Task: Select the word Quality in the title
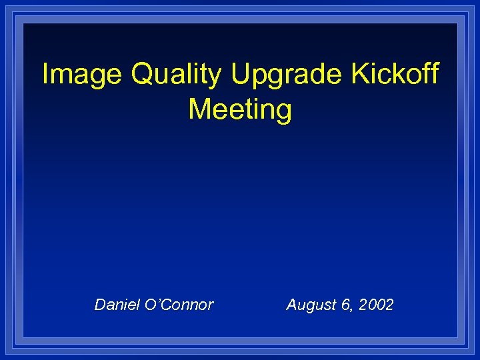click(176, 75)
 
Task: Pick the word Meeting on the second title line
click(240, 109)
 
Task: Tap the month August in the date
click(309, 305)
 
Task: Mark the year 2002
click(376, 305)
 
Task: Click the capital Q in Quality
click(143, 74)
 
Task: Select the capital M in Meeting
click(199, 109)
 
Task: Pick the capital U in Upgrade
click(241, 74)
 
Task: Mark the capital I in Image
click(45, 74)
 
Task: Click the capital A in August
click(291, 305)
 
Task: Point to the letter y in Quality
click(213, 77)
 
